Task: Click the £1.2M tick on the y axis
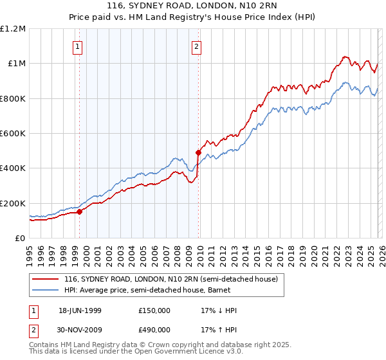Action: (x=13, y=29)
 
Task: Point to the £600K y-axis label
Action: (x=13, y=134)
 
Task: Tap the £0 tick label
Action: (x=19, y=239)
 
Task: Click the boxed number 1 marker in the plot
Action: (x=78, y=46)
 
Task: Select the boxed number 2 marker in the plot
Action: (x=196, y=46)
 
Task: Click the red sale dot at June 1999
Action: (x=80, y=212)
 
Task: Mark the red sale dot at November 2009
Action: (x=198, y=152)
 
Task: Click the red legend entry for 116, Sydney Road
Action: (x=170, y=279)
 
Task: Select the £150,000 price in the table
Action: (x=154, y=310)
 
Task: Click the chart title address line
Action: (x=193, y=7)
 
